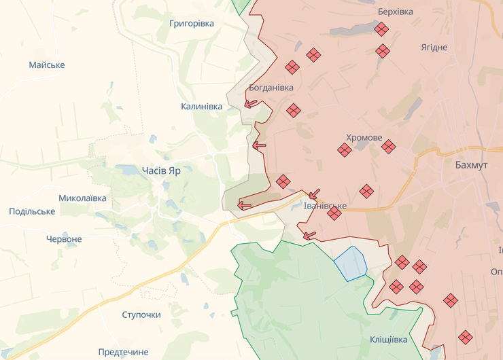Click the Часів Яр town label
point(161,171)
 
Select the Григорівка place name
point(192,23)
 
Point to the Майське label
point(47,65)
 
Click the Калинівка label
point(201,107)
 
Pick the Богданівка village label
point(271,88)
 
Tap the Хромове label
point(364,137)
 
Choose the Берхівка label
point(396,12)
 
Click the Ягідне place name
point(434,47)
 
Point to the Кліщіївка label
point(389,339)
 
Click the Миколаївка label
point(82,198)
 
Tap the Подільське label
point(32,211)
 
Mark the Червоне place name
point(64,239)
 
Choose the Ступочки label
point(141,314)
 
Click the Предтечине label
point(123,352)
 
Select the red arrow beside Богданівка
point(251,104)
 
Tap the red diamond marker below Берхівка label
point(381,29)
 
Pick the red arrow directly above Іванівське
point(314,194)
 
